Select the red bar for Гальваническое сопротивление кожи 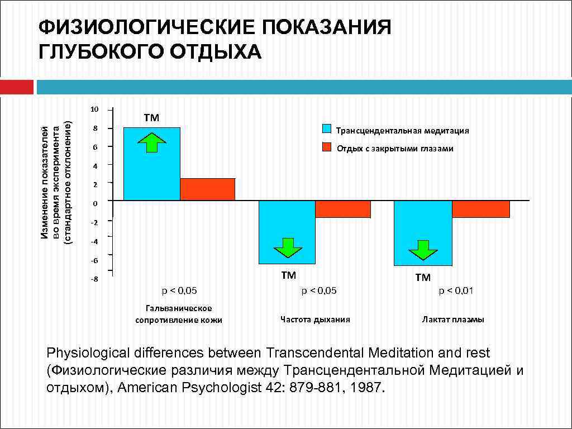tap(207, 189)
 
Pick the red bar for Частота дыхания tap(342, 209)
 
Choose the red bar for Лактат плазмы tap(480, 209)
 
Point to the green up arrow tap(151, 142)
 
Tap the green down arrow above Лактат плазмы tap(423, 250)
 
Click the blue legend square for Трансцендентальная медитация tap(328, 129)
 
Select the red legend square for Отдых tap(328, 147)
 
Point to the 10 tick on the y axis tap(95, 109)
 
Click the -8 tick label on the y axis tap(94, 279)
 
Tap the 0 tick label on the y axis tap(95, 204)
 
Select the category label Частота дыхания tap(315, 320)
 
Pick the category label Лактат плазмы tap(453, 320)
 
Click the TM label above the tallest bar tap(151, 118)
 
